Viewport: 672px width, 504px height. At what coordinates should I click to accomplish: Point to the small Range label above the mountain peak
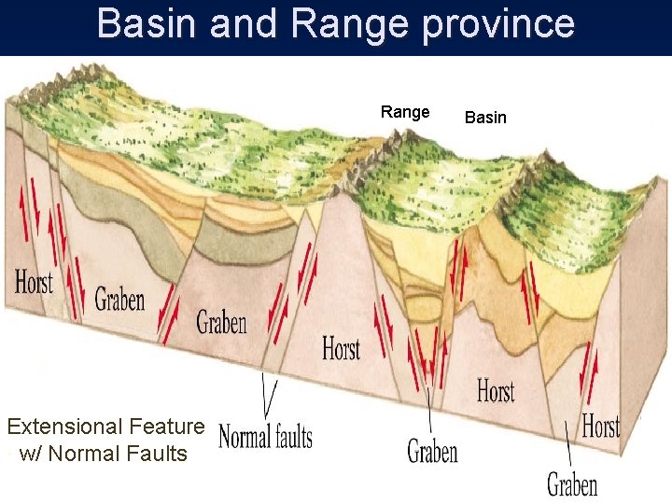405,112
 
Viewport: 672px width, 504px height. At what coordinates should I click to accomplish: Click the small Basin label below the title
485,117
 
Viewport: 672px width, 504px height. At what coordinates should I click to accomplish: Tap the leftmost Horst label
35,281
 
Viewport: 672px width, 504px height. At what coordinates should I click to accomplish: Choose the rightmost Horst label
601,427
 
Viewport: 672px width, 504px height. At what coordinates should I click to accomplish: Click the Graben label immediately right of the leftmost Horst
119,299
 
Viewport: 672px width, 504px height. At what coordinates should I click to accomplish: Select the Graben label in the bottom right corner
572,484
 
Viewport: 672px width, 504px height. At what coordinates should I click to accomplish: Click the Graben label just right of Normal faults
432,452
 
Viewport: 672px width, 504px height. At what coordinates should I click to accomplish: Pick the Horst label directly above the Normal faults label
341,349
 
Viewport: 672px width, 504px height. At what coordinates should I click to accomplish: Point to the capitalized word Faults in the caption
155,454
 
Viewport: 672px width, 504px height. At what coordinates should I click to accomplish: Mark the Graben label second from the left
221,323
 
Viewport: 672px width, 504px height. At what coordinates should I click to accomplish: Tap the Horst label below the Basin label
496,390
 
